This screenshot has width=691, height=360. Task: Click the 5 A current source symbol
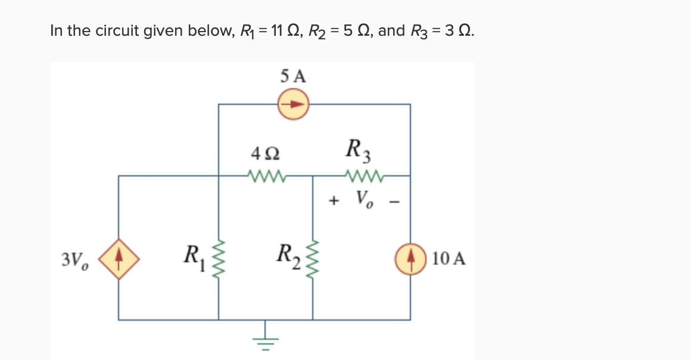(x=292, y=104)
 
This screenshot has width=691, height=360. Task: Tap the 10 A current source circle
(x=410, y=259)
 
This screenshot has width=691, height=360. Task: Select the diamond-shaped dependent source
(x=119, y=259)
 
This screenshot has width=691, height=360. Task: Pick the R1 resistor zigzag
(x=219, y=259)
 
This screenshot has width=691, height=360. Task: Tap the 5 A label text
(x=292, y=76)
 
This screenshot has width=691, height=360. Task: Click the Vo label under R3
(x=363, y=198)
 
